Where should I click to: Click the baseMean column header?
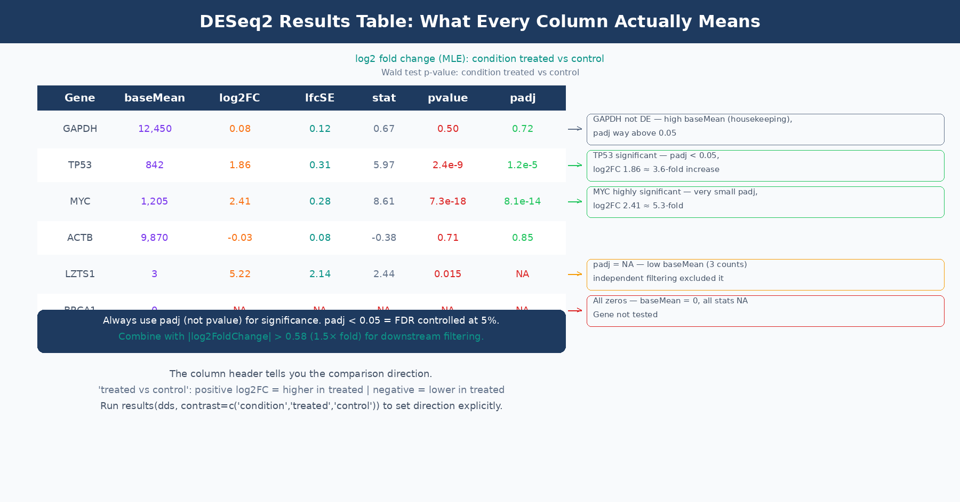(x=155, y=98)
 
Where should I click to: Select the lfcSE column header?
(x=319, y=98)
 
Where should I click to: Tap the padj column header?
(x=523, y=98)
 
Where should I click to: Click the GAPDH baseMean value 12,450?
(x=155, y=129)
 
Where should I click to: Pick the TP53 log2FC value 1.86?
(x=240, y=165)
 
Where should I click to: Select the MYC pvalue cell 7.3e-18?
(x=447, y=201)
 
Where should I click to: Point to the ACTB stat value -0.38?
(x=384, y=238)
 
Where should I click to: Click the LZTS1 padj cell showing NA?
(x=522, y=274)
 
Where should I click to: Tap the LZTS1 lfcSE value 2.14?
(x=320, y=274)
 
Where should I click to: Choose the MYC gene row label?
(x=80, y=201)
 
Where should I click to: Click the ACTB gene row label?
(x=80, y=238)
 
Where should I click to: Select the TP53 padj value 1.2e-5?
(x=522, y=165)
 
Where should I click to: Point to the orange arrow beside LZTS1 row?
(x=575, y=274)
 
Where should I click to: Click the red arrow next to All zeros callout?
(x=575, y=310)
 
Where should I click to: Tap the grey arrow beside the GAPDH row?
(x=575, y=129)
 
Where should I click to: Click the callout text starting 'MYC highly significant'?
(x=675, y=192)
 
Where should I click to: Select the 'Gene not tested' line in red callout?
(x=625, y=315)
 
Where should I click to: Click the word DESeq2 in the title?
(x=236, y=21)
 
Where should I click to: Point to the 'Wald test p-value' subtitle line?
(x=480, y=73)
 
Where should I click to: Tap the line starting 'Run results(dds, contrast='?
(x=301, y=406)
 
